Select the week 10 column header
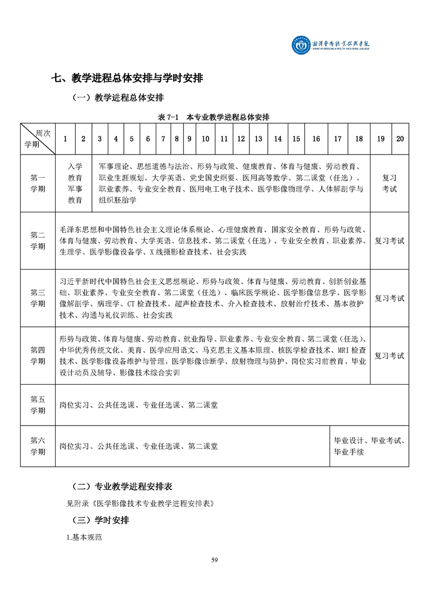(x=206, y=139)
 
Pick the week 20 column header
(x=400, y=139)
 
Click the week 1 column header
(x=65, y=139)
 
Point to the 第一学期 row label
(x=38, y=184)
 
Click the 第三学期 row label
(x=38, y=298)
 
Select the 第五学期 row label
(x=38, y=405)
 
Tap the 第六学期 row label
(x=38, y=446)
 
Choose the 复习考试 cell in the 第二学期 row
(x=390, y=241)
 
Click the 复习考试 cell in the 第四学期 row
(x=390, y=356)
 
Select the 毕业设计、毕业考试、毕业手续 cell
(x=369, y=446)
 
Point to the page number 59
(x=214, y=560)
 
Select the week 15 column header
(x=296, y=139)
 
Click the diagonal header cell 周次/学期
(x=38, y=139)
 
